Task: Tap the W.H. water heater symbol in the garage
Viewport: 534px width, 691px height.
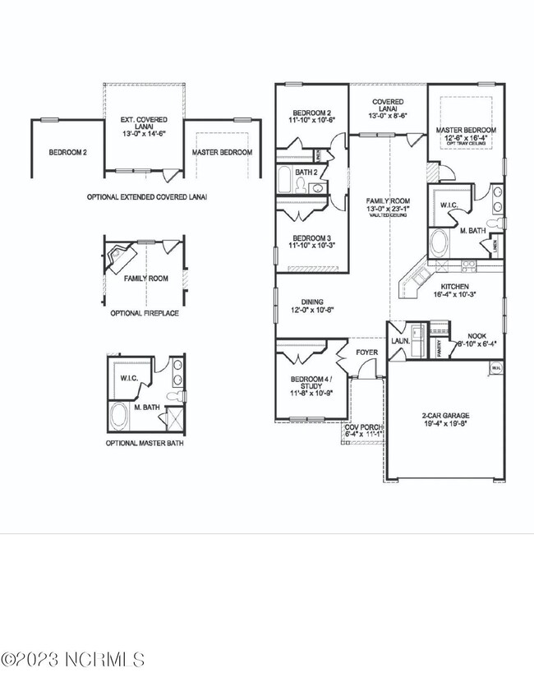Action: pyautogui.click(x=495, y=369)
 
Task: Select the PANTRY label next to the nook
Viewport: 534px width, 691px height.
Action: pyautogui.click(x=440, y=348)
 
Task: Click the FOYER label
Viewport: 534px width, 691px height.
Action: pyautogui.click(x=366, y=352)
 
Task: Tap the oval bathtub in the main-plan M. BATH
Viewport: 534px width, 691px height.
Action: pyautogui.click(x=440, y=244)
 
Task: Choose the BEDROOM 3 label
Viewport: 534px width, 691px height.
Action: pyautogui.click(x=311, y=239)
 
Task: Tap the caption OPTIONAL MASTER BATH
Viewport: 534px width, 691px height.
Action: pyautogui.click(x=145, y=443)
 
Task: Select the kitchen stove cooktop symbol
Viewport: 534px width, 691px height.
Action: pyautogui.click(x=468, y=265)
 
